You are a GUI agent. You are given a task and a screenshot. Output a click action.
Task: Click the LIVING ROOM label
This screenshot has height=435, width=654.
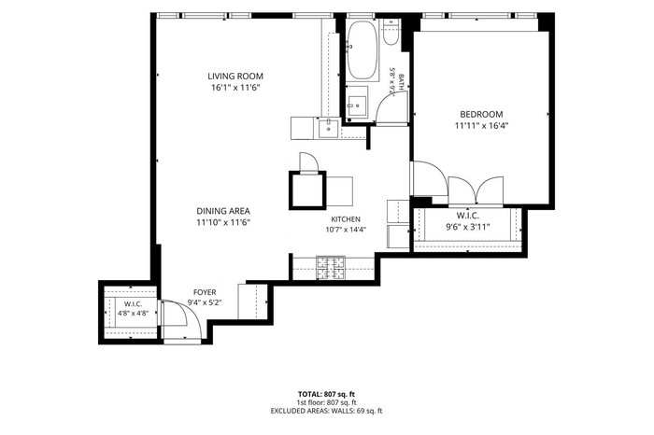pos(235,77)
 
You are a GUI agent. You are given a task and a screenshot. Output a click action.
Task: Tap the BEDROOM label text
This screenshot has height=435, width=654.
pos(481,114)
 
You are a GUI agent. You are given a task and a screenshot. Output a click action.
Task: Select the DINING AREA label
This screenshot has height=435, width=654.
pos(223,211)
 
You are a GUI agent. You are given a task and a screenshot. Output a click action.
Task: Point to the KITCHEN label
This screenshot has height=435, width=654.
pos(346,219)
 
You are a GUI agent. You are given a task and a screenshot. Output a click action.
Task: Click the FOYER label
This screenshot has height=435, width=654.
pos(205,292)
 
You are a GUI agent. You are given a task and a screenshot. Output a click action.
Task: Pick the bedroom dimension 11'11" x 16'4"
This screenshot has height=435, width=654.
pos(481,126)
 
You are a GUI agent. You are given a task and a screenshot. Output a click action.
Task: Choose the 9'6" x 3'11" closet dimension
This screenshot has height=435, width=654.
pos(467,227)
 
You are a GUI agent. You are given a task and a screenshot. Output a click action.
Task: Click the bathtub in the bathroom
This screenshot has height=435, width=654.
pos(363,50)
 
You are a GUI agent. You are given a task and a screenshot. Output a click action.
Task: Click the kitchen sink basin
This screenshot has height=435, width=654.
pos(329,128)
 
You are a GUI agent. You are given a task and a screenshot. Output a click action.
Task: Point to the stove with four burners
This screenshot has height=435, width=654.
pos(331,268)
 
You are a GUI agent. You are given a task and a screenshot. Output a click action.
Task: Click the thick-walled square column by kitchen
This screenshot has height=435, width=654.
pos(307,190)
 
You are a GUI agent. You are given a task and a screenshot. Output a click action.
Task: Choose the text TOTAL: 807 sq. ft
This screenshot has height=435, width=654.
pos(327,394)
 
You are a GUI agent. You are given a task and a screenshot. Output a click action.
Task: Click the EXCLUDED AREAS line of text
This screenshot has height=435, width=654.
pos(327,411)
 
